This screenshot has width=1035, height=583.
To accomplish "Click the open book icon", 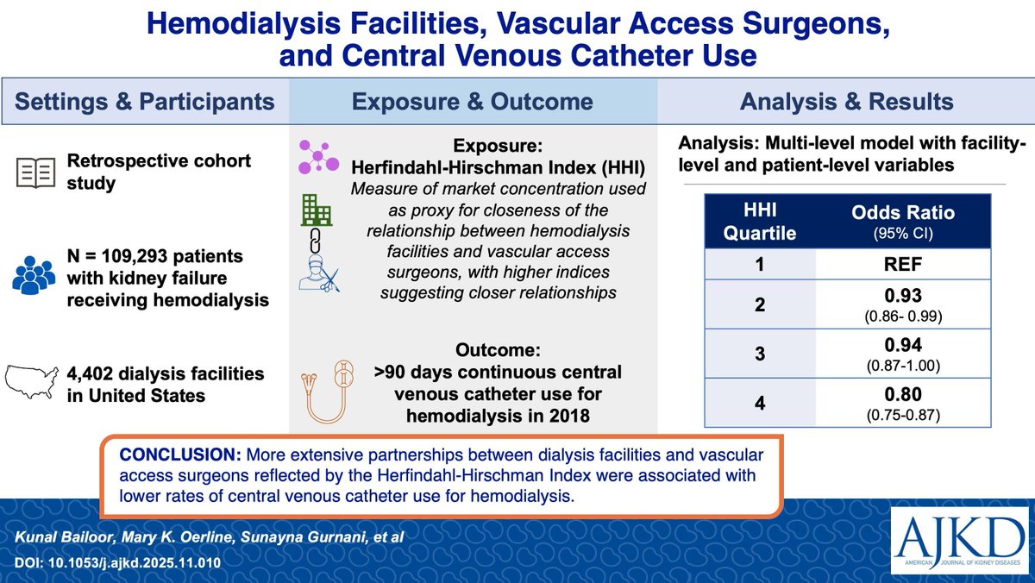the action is pos(35,172).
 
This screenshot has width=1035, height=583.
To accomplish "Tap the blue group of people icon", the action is pos(34,275).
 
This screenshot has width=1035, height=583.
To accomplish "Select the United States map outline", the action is pos(32,382).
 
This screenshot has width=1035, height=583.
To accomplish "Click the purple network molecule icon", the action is pos(318,157).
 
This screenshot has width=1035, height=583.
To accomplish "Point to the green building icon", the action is pos(317,210).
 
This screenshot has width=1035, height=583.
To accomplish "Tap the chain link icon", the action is pos(315,241).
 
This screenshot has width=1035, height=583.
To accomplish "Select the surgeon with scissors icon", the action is pos(319,276).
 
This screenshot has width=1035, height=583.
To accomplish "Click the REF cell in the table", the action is pos(903,264).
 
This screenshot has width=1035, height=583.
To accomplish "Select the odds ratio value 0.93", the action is pos(903,295).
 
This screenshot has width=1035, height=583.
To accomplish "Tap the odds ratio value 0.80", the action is pos(903,394).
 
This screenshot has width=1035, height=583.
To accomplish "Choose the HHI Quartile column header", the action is pos(760,222).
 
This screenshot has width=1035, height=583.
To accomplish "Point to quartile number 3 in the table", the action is pos(760,354).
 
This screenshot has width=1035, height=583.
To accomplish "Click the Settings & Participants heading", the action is pos(145,102).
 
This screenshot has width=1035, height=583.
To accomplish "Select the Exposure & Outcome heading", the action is pos(473,102).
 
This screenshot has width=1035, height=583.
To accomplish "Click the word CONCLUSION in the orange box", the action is pos(180,454).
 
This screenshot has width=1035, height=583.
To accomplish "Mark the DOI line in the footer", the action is pos(117,562).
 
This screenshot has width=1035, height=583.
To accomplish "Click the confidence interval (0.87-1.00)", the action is pos(903,366).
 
